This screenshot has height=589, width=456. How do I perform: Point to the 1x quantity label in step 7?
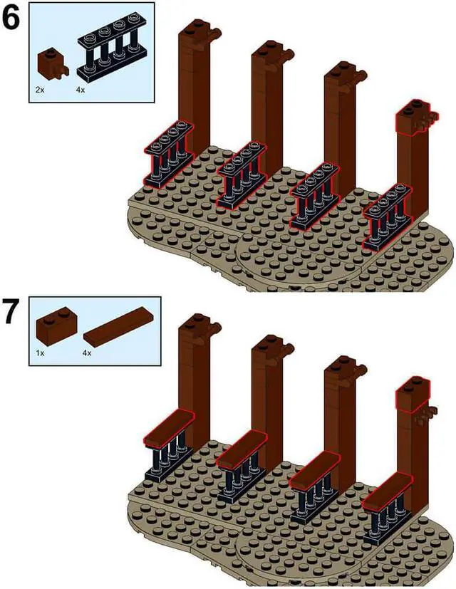41,352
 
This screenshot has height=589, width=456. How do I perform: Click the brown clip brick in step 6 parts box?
51,63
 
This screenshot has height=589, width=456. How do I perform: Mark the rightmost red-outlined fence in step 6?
386,218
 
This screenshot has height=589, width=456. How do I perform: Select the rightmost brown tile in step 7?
388,490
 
